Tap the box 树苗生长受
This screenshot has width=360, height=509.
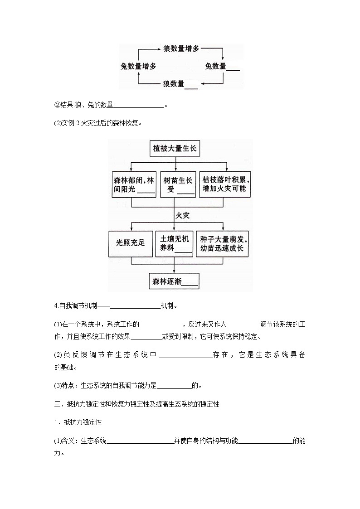coord(177,184)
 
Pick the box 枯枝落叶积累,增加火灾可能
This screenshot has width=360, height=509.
coord(225,184)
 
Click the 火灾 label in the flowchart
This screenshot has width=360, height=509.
coord(182,215)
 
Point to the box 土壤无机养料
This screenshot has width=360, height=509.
coord(175,243)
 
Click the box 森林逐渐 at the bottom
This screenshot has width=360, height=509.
coord(175,281)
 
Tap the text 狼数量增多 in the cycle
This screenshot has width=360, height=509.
coord(180,48)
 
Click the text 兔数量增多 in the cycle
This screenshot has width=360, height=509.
coord(139,66)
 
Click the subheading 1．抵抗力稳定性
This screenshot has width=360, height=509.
coord(78,422)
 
